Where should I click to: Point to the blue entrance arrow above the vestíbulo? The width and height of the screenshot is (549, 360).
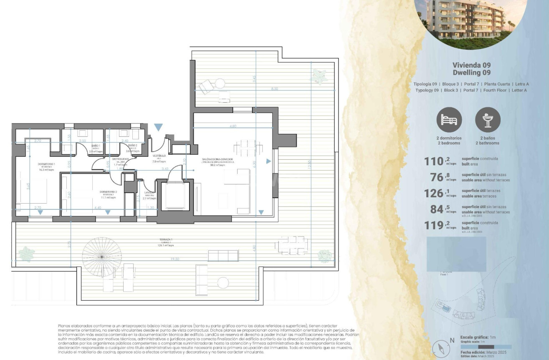(158, 127)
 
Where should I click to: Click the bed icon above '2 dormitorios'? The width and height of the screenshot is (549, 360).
(449, 120)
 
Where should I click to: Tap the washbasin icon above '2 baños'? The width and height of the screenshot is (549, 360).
(488, 120)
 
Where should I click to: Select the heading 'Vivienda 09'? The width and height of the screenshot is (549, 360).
(471, 65)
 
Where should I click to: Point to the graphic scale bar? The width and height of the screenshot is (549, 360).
(486, 347)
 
